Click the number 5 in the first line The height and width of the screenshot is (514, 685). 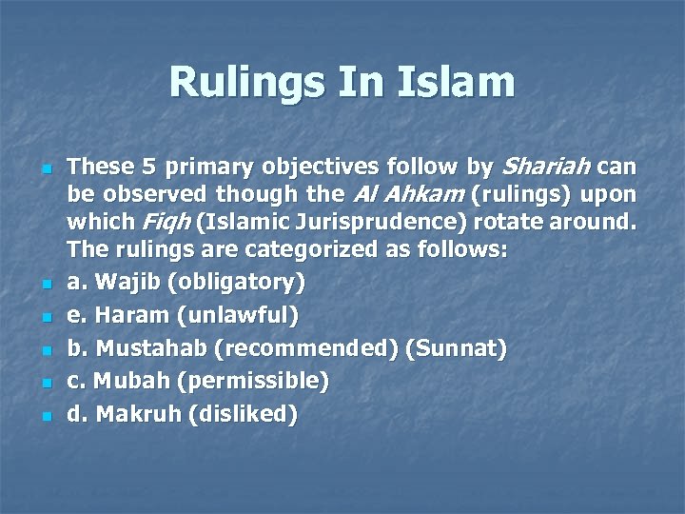click(147, 168)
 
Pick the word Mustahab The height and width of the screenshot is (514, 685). click(151, 348)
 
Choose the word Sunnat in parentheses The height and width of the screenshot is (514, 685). click(456, 348)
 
